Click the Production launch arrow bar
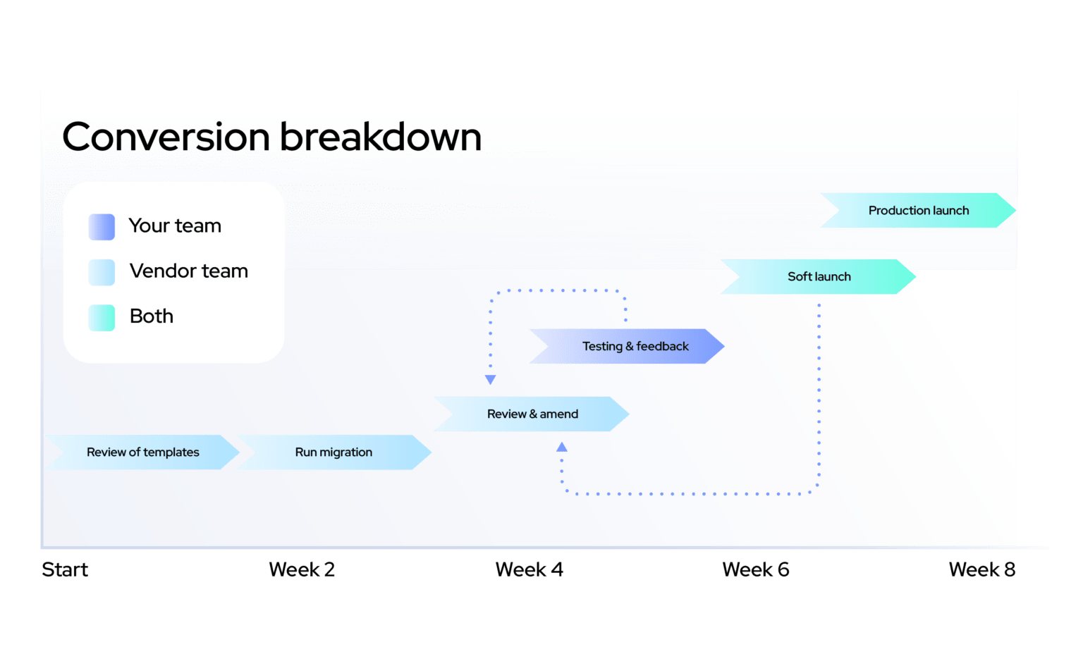(917, 210)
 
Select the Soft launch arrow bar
(818, 276)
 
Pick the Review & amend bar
(532, 414)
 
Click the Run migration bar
(334, 452)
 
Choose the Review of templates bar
(142, 452)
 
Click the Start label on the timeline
(65, 569)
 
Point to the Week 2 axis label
(302, 569)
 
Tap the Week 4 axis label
(530, 569)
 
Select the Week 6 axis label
(756, 569)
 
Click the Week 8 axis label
(982, 569)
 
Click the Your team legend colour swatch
(102, 227)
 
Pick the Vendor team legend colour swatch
(102, 272)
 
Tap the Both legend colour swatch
(102, 317)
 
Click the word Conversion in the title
(166, 137)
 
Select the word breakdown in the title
(381, 137)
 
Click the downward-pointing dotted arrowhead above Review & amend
(491, 380)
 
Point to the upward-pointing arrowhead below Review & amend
(562, 447)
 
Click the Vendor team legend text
(189, 271)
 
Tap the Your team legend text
(175, 226)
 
